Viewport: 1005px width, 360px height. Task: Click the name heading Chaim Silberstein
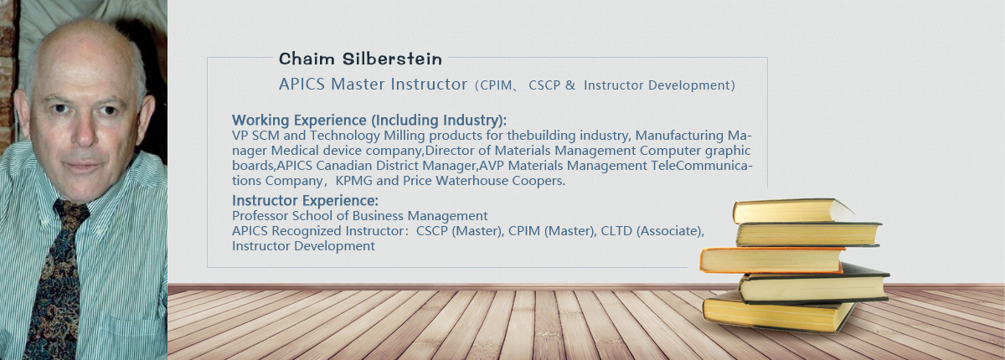[360, 59]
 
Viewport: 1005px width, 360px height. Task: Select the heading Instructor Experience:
[305, 200]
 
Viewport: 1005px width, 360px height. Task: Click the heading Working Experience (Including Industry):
[369, 121]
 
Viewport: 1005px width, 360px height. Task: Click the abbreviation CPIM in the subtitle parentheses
[495, 85]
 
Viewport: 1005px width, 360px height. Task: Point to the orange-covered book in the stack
[771, 260]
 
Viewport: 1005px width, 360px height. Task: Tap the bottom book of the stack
[778, 313]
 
